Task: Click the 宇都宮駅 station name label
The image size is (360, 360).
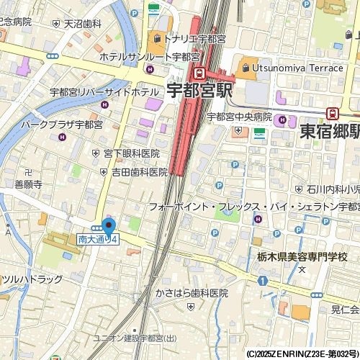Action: [199, 91]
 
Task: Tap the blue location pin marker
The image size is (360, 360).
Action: [109, 226]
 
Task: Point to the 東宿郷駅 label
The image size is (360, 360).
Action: [329, 131]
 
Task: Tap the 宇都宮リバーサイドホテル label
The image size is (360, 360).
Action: [104, 93]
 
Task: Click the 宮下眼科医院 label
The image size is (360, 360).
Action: [131, 153]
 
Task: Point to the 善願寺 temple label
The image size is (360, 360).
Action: [28, 184]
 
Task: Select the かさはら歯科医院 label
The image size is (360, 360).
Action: [191, 293]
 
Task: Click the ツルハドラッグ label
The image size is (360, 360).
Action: [32, 278]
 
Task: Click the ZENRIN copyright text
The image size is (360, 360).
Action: [302, 354]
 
